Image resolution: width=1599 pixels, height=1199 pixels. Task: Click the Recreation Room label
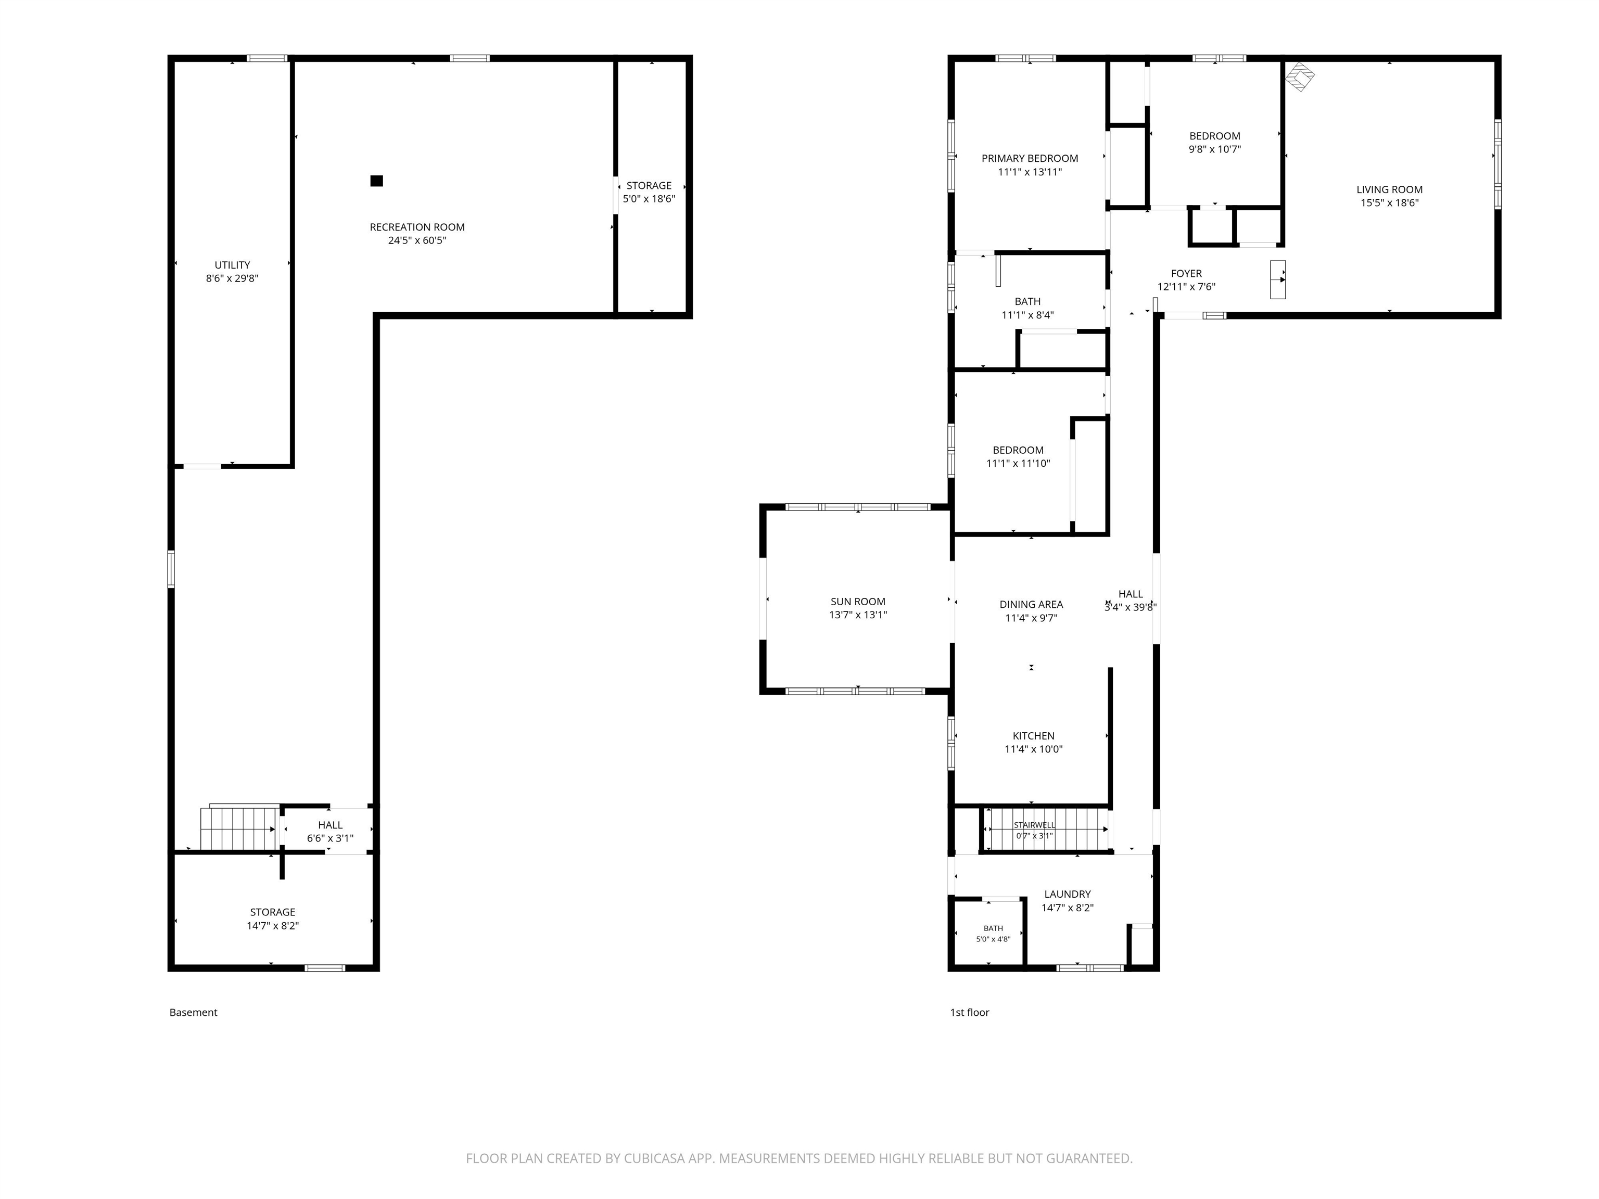coord(417,227)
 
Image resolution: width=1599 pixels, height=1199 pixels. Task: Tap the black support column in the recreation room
coord(377,181)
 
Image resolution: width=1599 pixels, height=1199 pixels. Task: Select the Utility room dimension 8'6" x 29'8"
coord(232,278)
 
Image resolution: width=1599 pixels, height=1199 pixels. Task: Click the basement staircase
coord(240,828)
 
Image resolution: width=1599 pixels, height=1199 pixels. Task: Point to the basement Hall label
coord(331,825)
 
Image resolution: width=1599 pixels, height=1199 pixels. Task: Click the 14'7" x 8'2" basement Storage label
coord(273,912)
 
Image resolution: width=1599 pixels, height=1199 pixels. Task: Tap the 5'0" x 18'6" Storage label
coord(649,186)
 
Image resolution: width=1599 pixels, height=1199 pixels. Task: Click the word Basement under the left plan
coord(193,1013)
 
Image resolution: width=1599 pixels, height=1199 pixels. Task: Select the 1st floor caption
coord(969,1013)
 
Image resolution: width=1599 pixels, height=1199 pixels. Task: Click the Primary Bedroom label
coord(1030,158)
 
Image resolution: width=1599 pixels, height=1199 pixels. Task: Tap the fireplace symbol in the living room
coord(1299,76)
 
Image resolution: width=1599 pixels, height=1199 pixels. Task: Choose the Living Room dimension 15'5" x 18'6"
coord(1389,203)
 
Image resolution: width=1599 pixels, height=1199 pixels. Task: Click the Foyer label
coord(1186,274)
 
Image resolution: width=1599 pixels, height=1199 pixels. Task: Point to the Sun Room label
coord(858,601)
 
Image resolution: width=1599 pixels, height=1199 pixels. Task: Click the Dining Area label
coord(1031,604)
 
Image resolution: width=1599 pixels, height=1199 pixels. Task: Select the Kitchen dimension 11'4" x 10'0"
coord(1034,749)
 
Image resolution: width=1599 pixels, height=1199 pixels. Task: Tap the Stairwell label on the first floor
coord(1034,825)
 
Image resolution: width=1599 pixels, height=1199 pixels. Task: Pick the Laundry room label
coord(1068,894)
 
